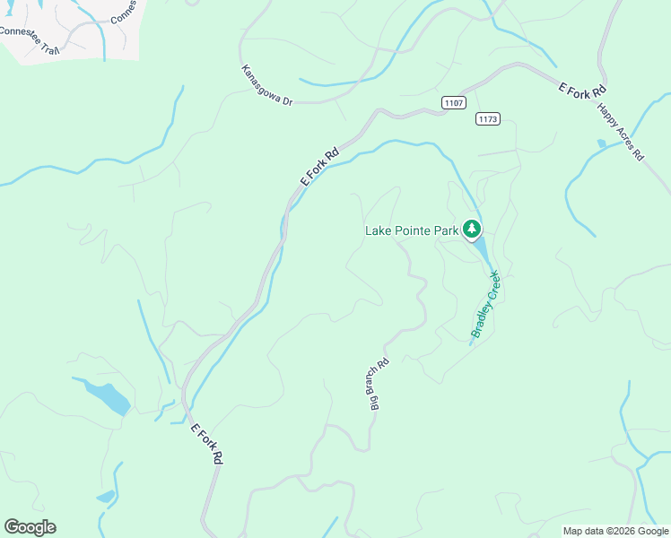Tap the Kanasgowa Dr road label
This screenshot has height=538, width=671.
266,86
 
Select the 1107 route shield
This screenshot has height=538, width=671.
453,103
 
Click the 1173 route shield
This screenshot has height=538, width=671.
487,119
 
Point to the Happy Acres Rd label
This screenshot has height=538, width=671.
621,131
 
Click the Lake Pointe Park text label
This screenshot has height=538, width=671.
412,230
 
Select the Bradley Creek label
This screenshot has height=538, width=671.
485,306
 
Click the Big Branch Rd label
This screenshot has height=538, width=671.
379,384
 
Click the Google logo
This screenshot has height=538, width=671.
30,527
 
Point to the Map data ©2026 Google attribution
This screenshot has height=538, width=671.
614,531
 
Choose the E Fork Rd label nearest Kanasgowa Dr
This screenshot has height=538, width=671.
319,167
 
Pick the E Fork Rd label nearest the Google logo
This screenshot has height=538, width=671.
207,443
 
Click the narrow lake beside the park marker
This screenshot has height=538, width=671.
479,249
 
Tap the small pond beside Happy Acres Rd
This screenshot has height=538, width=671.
601,143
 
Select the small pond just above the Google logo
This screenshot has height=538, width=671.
106,496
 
